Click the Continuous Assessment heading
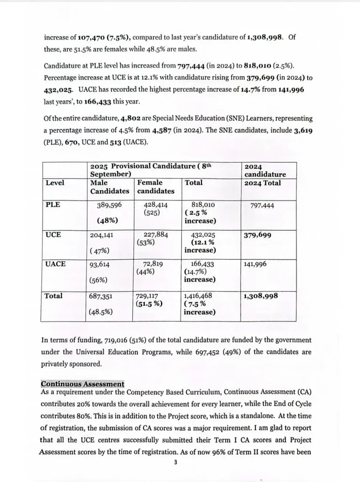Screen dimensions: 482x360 tap(82, 384)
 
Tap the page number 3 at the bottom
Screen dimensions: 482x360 tap(175, 462)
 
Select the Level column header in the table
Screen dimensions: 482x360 tap(55, 183)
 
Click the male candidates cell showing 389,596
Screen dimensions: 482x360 tap(109, 205)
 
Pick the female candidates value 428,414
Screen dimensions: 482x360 tap(155, 205)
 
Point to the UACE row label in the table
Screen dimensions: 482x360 tap(55, 264)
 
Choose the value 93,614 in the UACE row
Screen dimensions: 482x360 tap(100, 265)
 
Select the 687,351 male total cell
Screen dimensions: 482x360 tap(101, 297)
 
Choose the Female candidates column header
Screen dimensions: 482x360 tap(156, 187)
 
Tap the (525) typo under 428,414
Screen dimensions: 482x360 tap(152, 213)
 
